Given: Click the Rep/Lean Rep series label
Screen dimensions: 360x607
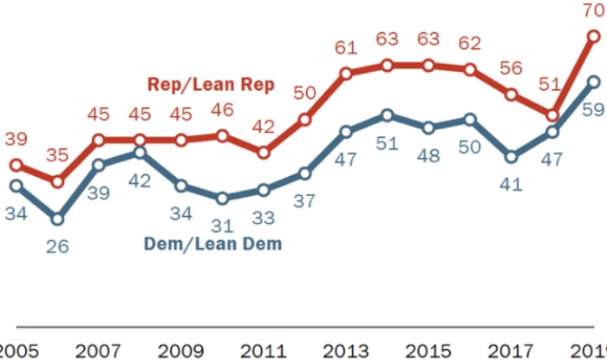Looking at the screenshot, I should click(211, 84).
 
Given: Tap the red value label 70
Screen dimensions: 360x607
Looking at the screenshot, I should click(594, 12).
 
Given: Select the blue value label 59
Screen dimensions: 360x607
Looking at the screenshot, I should click(594, 111).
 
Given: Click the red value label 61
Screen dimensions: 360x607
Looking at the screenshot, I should click(346, 48).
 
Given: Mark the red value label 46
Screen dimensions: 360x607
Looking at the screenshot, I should click(223, 110).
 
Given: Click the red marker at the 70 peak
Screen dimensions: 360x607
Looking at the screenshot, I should click(594, 36).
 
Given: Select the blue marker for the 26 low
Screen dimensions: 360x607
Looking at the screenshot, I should click(57, 218).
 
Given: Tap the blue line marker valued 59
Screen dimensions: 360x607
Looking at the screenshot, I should click(594, 82).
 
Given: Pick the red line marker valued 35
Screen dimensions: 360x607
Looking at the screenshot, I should click(57, 181).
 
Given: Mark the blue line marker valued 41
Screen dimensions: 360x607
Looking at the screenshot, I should click(512, 157).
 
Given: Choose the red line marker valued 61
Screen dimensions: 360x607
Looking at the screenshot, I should click(346, 74).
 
